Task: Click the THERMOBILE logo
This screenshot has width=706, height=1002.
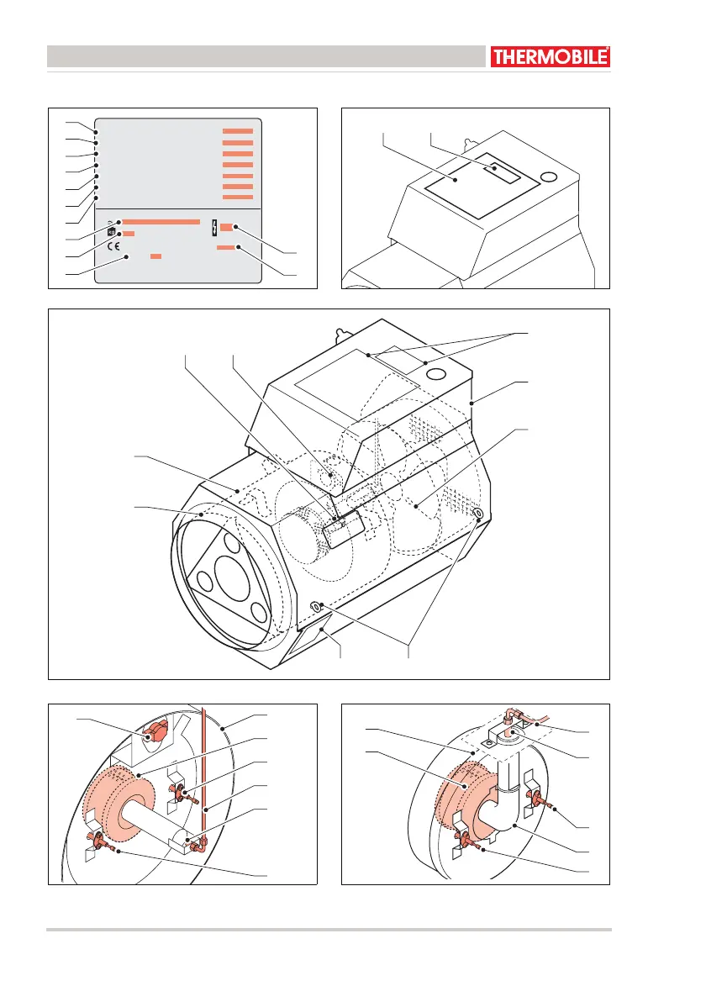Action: (550, 57)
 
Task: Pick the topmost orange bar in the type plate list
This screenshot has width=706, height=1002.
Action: (238, 132)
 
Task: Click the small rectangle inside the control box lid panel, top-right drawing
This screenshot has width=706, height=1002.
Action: (505, 171)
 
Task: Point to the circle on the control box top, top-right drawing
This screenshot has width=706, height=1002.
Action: (550, 177)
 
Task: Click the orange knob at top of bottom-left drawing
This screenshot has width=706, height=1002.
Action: (154, 734)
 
